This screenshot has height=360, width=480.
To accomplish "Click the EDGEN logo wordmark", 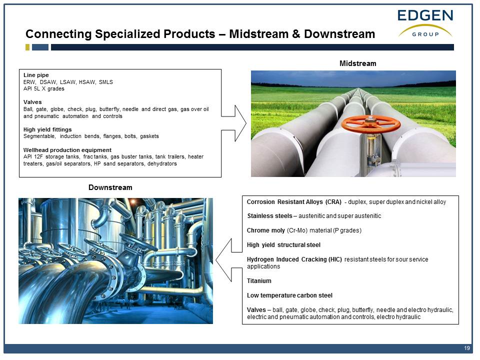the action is (x=425, y=15).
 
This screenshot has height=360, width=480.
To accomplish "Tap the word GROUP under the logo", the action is (x=425, y=34).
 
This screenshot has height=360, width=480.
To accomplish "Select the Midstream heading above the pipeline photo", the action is (x=358, y=63).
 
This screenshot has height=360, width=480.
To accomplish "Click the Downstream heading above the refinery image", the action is (x=110, y=187).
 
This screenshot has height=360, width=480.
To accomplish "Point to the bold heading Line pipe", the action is (x=36, y=75).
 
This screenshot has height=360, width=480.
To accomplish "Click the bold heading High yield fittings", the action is (x=47, y=129).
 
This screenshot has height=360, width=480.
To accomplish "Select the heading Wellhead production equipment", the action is (x=67, y=150).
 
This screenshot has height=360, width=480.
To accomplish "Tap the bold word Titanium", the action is (x=259, y=281).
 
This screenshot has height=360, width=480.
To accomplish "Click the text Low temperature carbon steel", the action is (x=289, y=295).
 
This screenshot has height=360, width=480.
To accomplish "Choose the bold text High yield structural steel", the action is (x=283, y=245).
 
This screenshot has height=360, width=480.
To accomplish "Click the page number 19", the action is (x=467, y=348).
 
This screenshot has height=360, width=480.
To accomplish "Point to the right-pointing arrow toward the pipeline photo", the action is (x=234, y=123).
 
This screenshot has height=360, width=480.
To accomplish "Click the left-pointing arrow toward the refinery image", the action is (x=228, y=260).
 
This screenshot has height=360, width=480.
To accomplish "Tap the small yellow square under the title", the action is (x=27, y=47).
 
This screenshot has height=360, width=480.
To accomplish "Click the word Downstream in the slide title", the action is (x=339, y=34).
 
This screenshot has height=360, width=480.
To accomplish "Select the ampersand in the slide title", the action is (x=295, y=34).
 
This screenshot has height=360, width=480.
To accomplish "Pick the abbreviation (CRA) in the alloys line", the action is (x=333, y=202).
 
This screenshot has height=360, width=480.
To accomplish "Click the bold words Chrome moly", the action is (x=265, y=230).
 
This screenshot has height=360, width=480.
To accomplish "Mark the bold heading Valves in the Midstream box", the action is (x=32, y=102).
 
